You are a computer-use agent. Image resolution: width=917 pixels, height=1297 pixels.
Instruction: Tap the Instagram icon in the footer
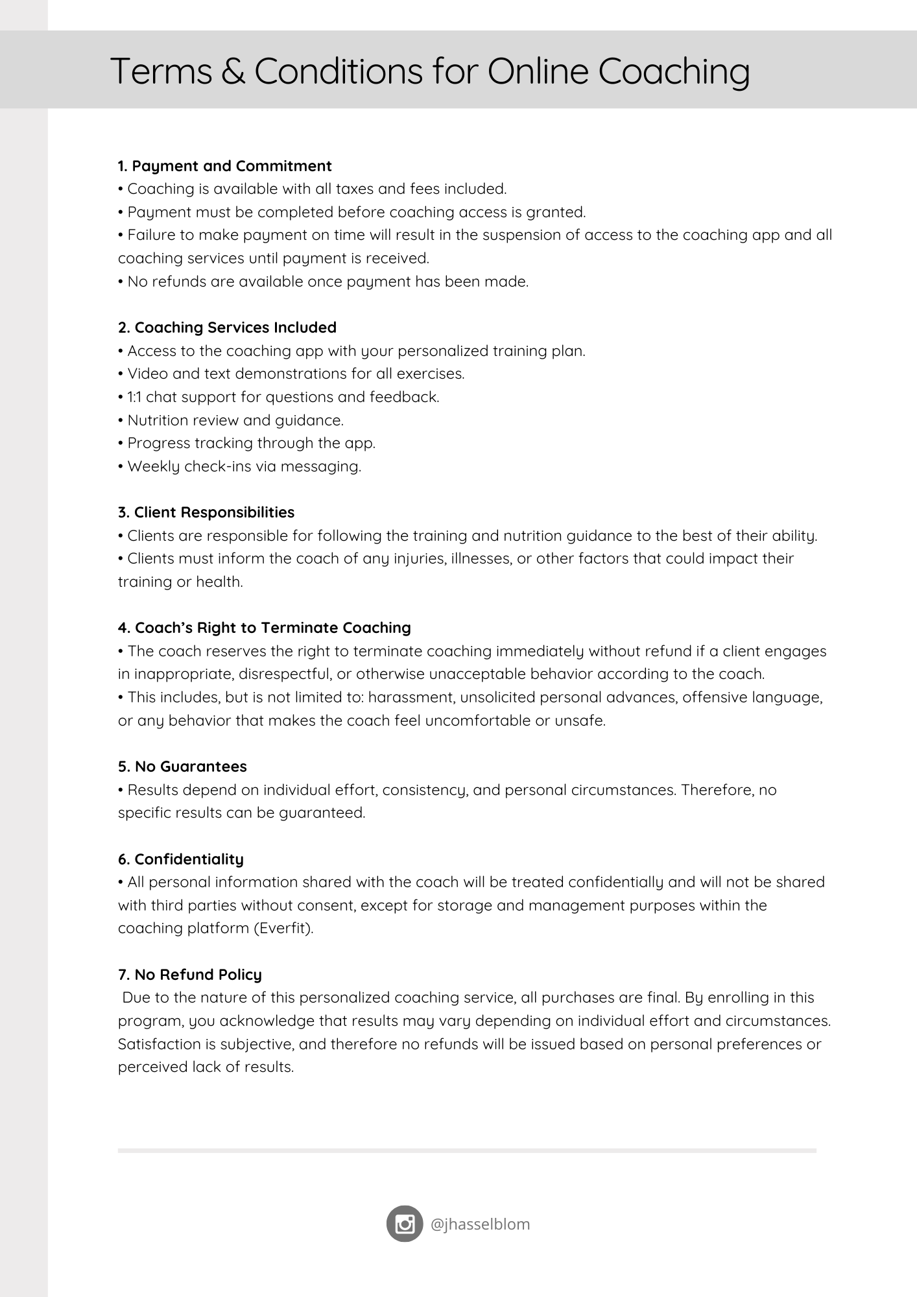point(405,1224)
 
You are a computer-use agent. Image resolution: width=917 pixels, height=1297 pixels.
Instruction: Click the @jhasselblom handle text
point(481,1224)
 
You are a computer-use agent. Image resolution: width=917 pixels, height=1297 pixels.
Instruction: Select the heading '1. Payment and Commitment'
point(225,166)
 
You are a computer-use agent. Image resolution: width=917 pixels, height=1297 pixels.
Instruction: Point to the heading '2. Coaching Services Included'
point(227,327)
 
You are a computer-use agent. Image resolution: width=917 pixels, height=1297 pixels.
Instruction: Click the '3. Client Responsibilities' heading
point(206,512)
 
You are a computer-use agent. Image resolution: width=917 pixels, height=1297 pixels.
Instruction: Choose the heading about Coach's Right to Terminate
point(265,628)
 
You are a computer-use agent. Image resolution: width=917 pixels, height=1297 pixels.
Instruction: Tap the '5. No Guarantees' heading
point(182,767)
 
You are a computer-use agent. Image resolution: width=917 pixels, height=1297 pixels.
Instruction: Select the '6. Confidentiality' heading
point(181,859)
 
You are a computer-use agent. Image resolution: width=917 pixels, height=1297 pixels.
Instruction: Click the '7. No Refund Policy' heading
point(190,975)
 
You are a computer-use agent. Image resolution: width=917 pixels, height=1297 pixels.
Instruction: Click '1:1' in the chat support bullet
point(135,397)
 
